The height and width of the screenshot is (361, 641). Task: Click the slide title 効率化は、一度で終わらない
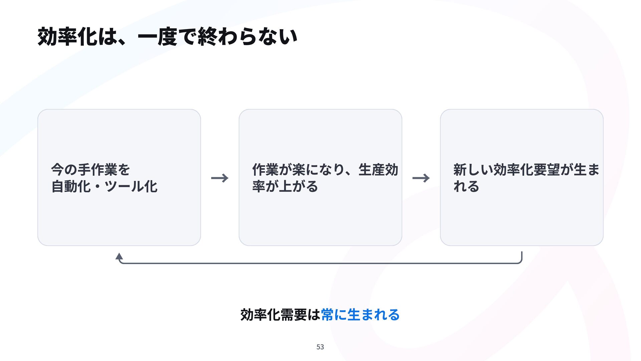pyautogui.click(x=167, y=36)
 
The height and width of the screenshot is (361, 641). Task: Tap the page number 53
pyautogui.click(x=320, y=347)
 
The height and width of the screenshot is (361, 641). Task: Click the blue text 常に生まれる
pyautogui.click(x=360, y=315)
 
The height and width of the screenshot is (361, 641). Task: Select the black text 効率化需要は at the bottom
pyautogui.click(x=280, y=315)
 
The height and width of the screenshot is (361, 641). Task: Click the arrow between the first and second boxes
pyautogui.click(x=220, y=178)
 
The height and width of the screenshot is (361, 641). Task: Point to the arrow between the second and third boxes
pyautogui.click(x=421, y=178)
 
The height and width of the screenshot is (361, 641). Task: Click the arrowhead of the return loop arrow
pyautogui.click(x=119, y=256)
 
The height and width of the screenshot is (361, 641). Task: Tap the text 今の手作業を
pyautogui.click(x=90, y=169)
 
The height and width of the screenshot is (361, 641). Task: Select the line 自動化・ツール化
pyautogui.click(x=104, y=186)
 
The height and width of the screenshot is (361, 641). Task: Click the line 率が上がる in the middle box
pyautogui.click(x=285, y=186)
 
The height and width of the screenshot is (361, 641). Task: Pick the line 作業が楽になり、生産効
pyautogui.click(x=325, y=169)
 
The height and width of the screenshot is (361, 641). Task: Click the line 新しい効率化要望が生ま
pyautogui.click(x=526, y=169)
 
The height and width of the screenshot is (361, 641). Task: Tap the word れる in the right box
pyautogui.click(x=466, y=186)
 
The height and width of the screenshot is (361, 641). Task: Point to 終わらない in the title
pyautogui.click(x=247, y=36)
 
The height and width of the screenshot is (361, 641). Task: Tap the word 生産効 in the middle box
pyautogui.click(x=378, y=169)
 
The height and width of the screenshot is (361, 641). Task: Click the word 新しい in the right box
pyautogui.click(x=473, y=169)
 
